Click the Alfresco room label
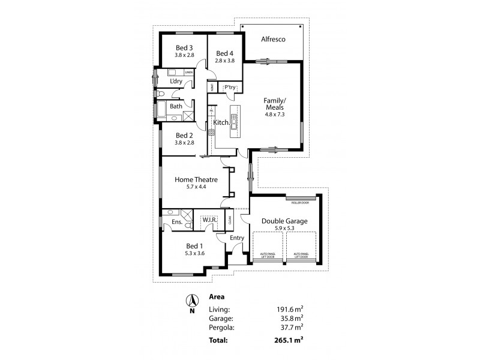(273, 40)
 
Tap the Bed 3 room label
(184, 47)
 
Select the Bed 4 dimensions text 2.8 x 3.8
(225, 61)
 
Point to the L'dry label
(176, 82)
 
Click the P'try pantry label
(230, 88)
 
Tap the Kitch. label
(221, 122)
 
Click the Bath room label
(176, 106)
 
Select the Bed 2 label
(184, 135)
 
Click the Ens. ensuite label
(177, 223)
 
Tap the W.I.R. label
(209, 221)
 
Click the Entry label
(237, 238)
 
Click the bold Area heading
(217, 296)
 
